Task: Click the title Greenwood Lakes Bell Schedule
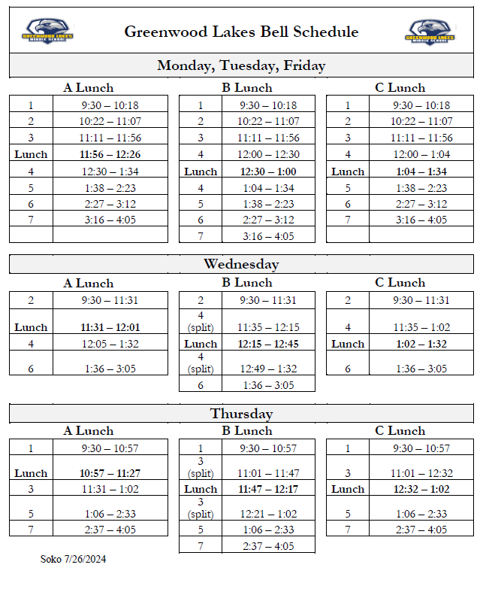pyautogui.click(x=241, y=32)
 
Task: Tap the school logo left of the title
pyautogui.click(x=47, y=32)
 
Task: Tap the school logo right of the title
pyautogui.click(x=432, y=32)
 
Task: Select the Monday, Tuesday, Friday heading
pyautogui.click(x=241, y=65)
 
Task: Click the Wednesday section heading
pyautogui.click(x=241, y=264)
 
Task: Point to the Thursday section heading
pyautogui.click(x=241, y=414)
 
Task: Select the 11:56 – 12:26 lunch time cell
pyautogui.click(x=110, y=154)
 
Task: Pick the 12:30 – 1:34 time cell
pyautogui.click(x=110, y=172)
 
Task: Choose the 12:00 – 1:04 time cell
pyautogui.click(x=421, y=154)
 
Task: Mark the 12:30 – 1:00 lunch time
pyautogui.click(x=268, y=172)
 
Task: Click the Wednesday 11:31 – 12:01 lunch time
pyautogui.click(x=110, y=327)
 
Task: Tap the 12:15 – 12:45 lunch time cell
pyautogui.click(x=268, y=344)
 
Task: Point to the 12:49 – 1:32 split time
pyautogui.click(x=268, y=369)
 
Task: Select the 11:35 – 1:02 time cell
pyautogui.click(x=421, y=327)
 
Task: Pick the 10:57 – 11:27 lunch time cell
pyautogui.click(x=110, y=473)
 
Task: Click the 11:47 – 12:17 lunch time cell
pyautogui.click(x=268, y=489)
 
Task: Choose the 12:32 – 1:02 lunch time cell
pyautogui.click(x=421, y=489)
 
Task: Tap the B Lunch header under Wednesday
pyautogui.click(x=246, y=284)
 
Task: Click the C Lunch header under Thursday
pyautogui.click(x=400, y=431)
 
